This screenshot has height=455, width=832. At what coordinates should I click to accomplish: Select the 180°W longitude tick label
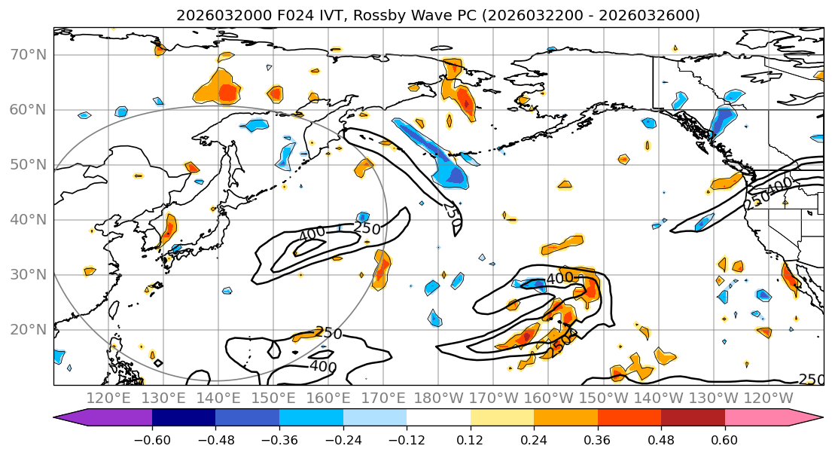click(439, 398)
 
